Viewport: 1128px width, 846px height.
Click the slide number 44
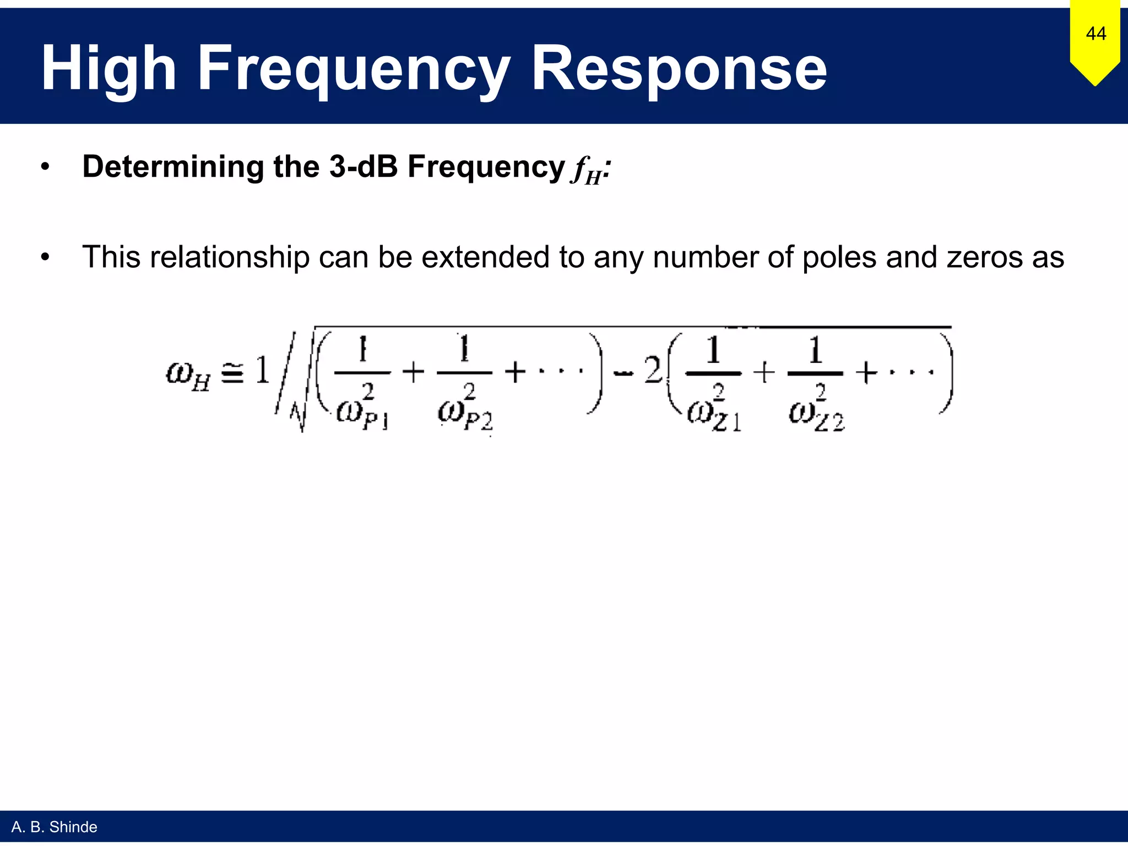click(1096, 34)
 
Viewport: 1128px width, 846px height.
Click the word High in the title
click(109, 68)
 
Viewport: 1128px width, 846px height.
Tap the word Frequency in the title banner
click(353, 68)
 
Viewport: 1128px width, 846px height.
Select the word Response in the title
click(679, 68)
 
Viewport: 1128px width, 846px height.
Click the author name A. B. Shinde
click(54, 827)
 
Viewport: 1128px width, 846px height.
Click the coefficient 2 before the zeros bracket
click(653, 370)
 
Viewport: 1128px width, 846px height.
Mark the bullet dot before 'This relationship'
click(45, 257)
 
